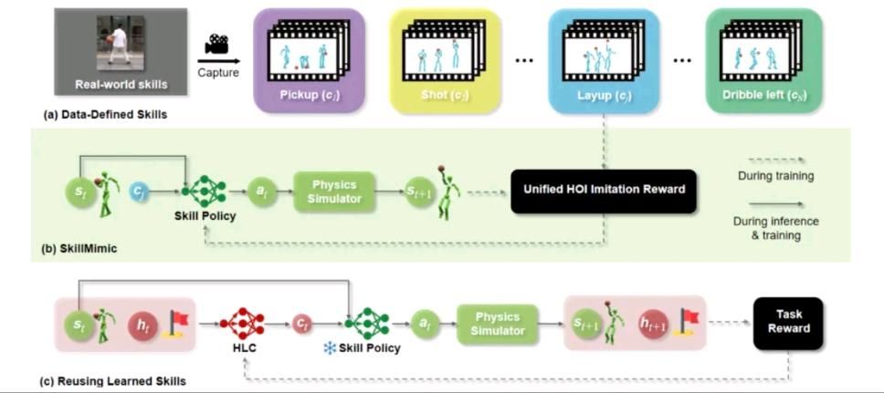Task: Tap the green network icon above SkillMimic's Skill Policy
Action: (203, 191)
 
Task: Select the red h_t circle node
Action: (143, 323)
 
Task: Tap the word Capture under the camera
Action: (218, 73)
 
